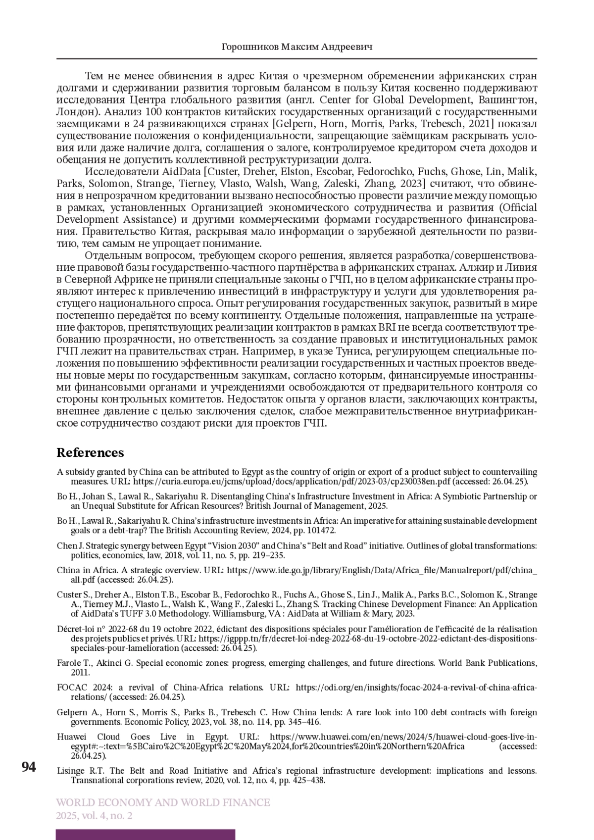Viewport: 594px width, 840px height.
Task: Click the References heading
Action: (90, 453)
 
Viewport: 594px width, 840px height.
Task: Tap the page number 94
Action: (29, 767)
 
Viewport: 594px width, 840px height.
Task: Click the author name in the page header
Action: (297, 47)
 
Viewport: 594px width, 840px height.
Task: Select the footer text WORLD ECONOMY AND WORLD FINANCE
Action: (163, 802)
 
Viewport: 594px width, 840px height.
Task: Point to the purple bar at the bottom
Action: (146, 835)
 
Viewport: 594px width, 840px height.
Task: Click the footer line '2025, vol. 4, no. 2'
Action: (95, 816)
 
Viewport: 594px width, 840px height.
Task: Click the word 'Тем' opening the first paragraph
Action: (95, 76)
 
